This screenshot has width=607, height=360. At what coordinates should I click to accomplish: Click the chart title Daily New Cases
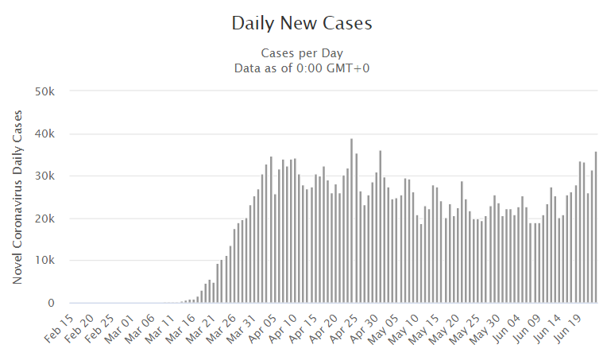pos(302,23)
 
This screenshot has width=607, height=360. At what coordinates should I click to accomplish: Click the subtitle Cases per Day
pos(302,52)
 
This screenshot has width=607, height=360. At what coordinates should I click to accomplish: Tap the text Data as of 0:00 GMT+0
pos(302,68)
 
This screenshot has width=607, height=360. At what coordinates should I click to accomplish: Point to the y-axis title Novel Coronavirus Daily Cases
pos(17,196)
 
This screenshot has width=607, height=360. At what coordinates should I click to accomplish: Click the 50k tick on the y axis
pos(44,91)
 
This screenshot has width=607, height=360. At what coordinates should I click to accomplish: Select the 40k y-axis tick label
pos(44,134)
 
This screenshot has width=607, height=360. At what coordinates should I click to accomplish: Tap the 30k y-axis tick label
pos(44,176)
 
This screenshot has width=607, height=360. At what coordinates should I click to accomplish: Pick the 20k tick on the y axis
pos(44,219)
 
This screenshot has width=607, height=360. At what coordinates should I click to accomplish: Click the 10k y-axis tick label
pos(44,261)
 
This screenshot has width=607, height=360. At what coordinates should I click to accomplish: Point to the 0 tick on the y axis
pos(51,303)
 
